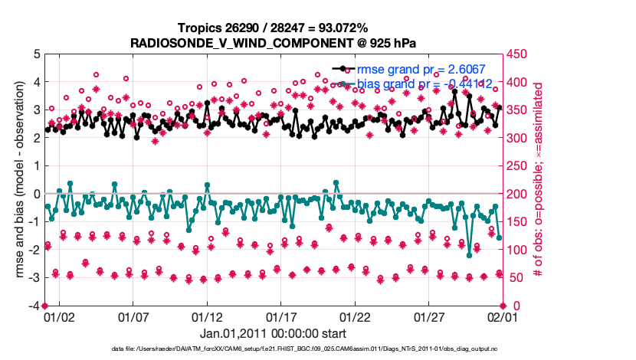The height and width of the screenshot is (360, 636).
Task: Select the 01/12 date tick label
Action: pos(207,316)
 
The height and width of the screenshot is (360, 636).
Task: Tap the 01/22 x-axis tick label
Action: pos(356,316)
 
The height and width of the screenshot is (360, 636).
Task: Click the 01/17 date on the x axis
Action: pos(281,316)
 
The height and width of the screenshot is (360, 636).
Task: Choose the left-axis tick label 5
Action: pos(36,54)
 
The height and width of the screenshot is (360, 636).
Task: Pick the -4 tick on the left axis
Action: pos(34,306)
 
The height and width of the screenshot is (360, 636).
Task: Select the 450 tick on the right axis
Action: pos(519,54)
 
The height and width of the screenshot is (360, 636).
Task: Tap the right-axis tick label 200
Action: pos(519,194)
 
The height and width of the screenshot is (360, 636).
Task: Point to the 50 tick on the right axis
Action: pos(516,278)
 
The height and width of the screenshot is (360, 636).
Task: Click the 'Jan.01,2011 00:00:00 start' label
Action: pos(274,334)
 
